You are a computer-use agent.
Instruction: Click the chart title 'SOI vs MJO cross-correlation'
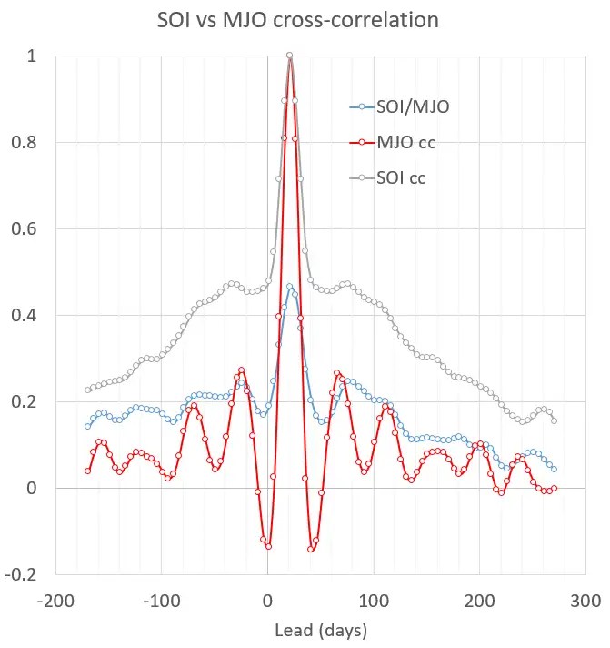click(x=304, y=19)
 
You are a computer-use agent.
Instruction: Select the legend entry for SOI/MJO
click(x=413, y=107)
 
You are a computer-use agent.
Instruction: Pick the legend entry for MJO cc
click(x=405, y=143)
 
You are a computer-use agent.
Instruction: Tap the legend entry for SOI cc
click(x=402, y=178)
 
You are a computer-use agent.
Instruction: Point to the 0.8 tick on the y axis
click(x=33, y=143)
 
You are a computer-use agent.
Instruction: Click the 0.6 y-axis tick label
click(x=33, y=229)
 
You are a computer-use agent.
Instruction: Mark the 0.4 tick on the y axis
click(x=33, y=316)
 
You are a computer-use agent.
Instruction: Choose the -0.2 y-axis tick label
click(x=30, y=574)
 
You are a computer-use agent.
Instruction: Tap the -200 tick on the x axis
click(x=55, y=602)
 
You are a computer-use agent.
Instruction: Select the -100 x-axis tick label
click(x=161, y=602)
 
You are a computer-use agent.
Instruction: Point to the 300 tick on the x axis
click(x=585, y=602)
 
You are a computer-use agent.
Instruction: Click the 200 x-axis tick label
click(x=479, y=602)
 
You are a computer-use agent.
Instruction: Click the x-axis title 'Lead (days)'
click(x=320, y=629)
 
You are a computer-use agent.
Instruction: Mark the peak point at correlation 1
click(x=290, y=56)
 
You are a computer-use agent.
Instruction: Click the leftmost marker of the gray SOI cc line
click(x=88, y=390)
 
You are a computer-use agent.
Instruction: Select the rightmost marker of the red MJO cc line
click(x=554, y=489)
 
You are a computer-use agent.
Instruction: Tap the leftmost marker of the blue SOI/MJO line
click(x=88, y=426)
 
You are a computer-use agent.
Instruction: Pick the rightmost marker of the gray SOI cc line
click(x=554, y=420)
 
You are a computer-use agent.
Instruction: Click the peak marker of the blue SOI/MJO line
click(x=290, y=287)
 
